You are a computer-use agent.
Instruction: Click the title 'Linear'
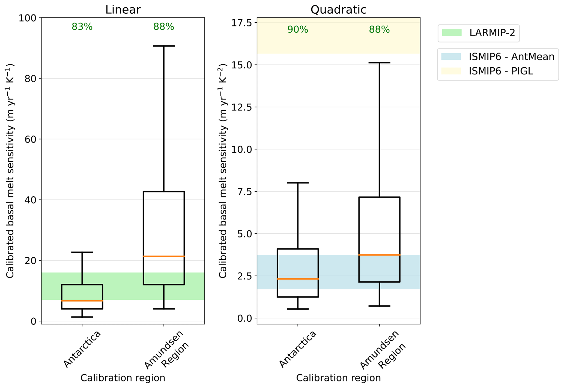[x=123, y=10]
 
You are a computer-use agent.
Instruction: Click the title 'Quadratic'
[x=338, y=10]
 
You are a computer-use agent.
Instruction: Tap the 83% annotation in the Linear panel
[x=82, y=27]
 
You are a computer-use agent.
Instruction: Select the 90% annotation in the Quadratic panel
[x=298, y=29]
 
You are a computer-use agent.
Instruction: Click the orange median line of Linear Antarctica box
[x=82, y=301]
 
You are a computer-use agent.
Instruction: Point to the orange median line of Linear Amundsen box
[x=164, y=256]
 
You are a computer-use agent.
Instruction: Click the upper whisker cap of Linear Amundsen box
[x=164, y=46]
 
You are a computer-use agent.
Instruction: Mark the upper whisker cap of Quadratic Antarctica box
[x=298, y=183]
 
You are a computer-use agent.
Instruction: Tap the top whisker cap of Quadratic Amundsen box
[x=379, y=63]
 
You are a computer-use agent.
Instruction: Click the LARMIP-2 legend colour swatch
[x=452, y=33]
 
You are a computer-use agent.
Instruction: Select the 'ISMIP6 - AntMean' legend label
[x=512, y=57]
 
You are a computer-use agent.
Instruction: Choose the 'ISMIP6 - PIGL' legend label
[x=501, y=71]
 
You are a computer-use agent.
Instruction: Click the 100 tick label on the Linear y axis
[x=27, y=18]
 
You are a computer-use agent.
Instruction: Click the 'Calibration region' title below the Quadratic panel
[x=338, y=378]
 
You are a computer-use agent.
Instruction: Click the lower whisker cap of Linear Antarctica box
[x=82, y=317]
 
